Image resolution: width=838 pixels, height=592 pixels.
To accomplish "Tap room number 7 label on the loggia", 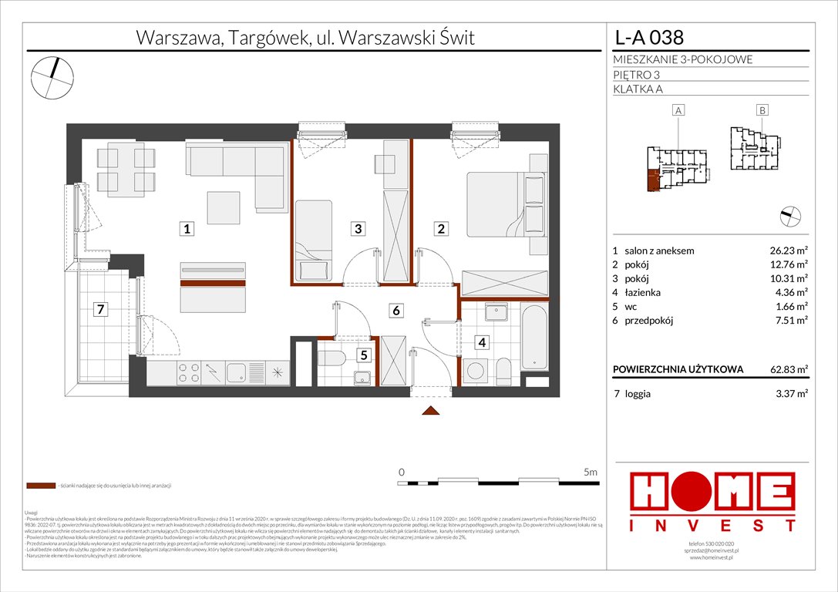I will click(x=98, y=311).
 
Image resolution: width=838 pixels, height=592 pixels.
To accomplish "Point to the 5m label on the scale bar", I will click(x=591, y=471).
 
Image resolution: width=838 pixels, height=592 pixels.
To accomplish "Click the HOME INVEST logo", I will click(x=712, y=502).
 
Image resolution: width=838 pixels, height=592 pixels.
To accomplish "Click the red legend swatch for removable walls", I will click(x=39, y=486).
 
